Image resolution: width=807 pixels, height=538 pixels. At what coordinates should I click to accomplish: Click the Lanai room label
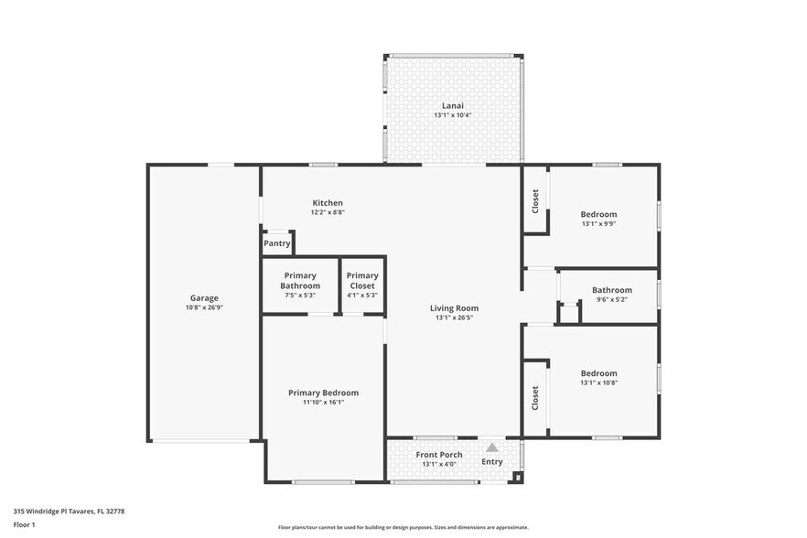pyautogui.click(x=453, y=105)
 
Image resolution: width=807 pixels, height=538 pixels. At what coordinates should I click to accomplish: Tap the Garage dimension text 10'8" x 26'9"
pyautogui.click(x=204, y=307)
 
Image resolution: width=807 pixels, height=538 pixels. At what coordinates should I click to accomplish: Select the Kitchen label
pyautogui.click(x=328, y=202)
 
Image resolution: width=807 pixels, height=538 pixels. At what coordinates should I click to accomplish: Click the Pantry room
pyautogui.click(x=277, y=243)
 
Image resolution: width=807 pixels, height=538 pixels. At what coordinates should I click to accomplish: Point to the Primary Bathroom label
pyautogui.click(x=300, y=275)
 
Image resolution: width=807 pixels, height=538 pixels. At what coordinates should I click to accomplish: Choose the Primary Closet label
pyautogui.click(x=362, y=275)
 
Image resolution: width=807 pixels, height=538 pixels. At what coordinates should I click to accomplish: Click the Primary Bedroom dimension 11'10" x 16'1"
pyautogui.click(x=323, y=402)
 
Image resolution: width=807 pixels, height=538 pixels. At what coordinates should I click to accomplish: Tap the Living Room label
pyautogui.click(x=454, y=307)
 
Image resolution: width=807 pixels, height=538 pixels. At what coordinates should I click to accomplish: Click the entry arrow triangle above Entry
pyautogui.click(x=491, y=447)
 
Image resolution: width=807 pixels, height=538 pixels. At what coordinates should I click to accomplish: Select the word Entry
pyautogui.click(x=492, y=461)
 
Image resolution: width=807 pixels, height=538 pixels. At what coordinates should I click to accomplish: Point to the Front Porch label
pyautogui.click(x=439, y=455)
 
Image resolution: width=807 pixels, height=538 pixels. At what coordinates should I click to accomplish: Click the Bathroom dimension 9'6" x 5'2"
pyautogui.click(x=611, y=299)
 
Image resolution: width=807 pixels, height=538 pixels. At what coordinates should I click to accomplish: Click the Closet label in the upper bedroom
pyautogui.click(x=536, y=201)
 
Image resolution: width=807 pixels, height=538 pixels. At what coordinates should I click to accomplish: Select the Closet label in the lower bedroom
pyautogui.click(x=536, y=397)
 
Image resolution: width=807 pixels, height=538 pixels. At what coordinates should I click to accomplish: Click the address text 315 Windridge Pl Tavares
pyautogui.click(x=69, y=511)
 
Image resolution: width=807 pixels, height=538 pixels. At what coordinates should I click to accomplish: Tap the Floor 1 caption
pyautogui.click(x=24, y=524)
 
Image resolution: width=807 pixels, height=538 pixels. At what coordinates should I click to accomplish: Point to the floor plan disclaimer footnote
pyautogui.click(x=403, y=527)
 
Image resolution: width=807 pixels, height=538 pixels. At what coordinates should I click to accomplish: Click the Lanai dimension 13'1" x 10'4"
pyautogui.click(x=453, y=115)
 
